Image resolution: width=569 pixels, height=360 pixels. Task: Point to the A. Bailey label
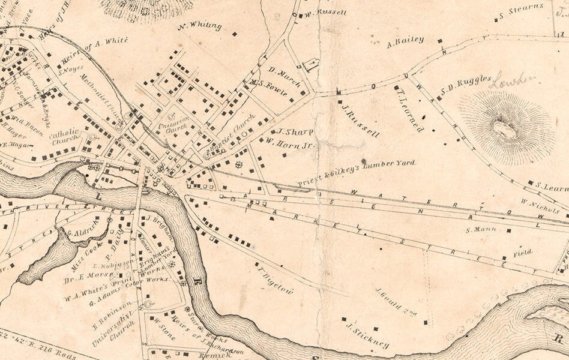[406, 41]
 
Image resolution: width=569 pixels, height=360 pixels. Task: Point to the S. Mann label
[478, 229]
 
